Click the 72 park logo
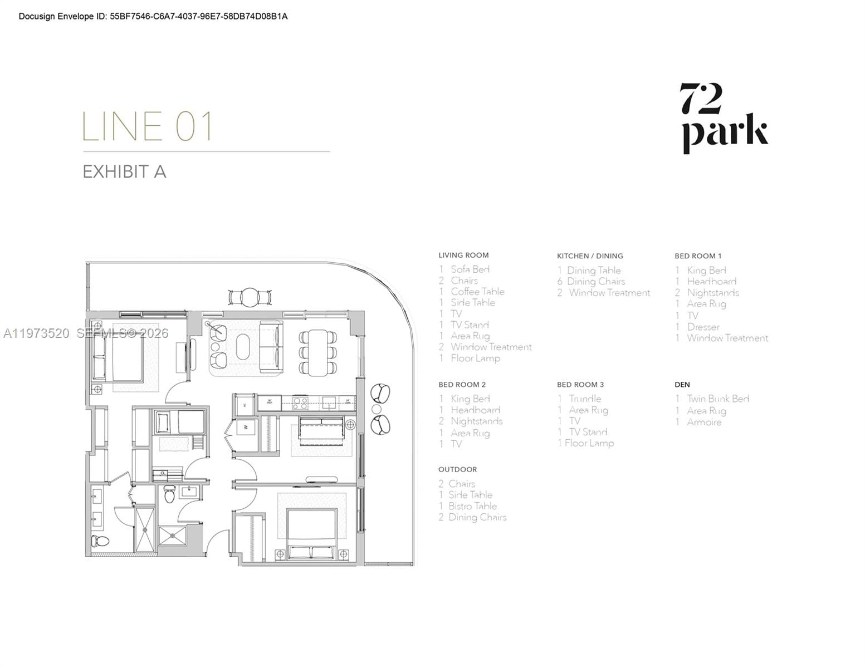(725, 118)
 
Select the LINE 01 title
(148, 126)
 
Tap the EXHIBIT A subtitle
(124, 171)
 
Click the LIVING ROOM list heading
(463, 256)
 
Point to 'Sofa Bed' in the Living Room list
(470, 269)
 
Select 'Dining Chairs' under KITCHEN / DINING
(595, 282)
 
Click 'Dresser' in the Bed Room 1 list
(703, 327)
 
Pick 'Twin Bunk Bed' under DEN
(717, 399)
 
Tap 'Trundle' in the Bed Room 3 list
(585, 399)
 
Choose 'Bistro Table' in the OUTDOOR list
(472, 506)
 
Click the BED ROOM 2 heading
(462, 385)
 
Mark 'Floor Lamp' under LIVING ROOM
(475, 358)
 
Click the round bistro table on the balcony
(250, 297)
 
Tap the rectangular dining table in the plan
(318, 352)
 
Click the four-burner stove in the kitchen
(300, 402)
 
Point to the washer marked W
(246, 428)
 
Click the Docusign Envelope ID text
(153, 17)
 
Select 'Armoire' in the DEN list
(703, 423)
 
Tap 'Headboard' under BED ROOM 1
(711, 282)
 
